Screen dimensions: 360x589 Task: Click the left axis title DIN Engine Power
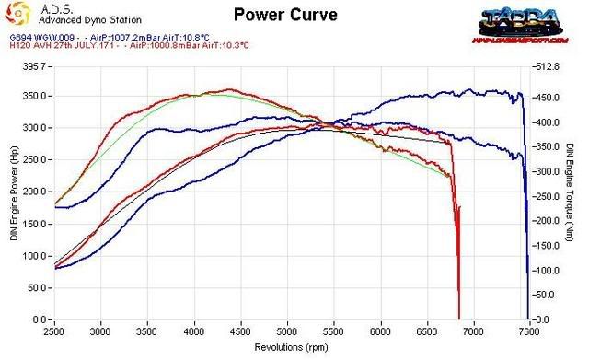click(x=13, y=192)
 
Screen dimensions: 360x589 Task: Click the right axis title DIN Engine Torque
click(x=572, y=192)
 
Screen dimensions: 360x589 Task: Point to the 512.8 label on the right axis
click(x=546, y=66)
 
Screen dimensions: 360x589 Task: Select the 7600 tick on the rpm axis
click(x=528, y=330)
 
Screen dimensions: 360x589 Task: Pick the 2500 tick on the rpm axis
click(x=55, y=330)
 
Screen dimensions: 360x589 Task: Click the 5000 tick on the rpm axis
click(x=289, y=330)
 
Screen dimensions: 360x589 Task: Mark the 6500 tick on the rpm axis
click(x=429, y=330)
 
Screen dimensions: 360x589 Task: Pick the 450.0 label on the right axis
click(x=547, y=97)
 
